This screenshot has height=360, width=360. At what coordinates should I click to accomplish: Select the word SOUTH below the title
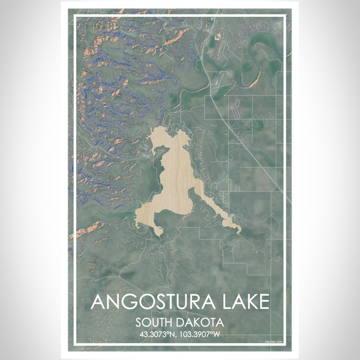(155, 322)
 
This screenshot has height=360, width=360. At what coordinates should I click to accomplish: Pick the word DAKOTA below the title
(200, 322)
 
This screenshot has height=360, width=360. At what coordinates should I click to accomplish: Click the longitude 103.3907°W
(202, 334)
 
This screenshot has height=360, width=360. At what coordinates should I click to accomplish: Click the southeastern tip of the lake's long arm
(239, 230)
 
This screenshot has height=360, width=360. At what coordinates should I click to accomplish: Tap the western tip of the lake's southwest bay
(137, 223)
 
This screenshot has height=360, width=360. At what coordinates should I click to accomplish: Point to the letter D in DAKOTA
(181, 322)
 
